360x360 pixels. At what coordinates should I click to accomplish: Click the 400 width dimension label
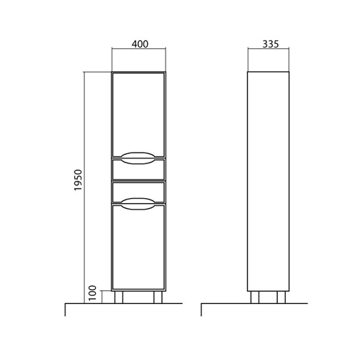point(140,44)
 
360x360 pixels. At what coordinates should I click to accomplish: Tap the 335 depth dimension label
point(271,44)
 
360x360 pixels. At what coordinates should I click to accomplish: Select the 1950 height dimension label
point(78,180)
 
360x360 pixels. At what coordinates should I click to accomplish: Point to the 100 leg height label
point(92,293)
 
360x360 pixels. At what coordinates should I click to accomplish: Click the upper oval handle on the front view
point(138,158)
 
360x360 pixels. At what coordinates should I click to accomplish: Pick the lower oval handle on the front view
point(138,204)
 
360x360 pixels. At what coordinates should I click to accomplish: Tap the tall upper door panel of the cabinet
point(139,114)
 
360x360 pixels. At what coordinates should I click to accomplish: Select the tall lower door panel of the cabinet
point(139,247)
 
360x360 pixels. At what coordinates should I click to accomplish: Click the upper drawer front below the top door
point(139,169)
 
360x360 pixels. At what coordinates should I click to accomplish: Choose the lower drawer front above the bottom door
point(139,192)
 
